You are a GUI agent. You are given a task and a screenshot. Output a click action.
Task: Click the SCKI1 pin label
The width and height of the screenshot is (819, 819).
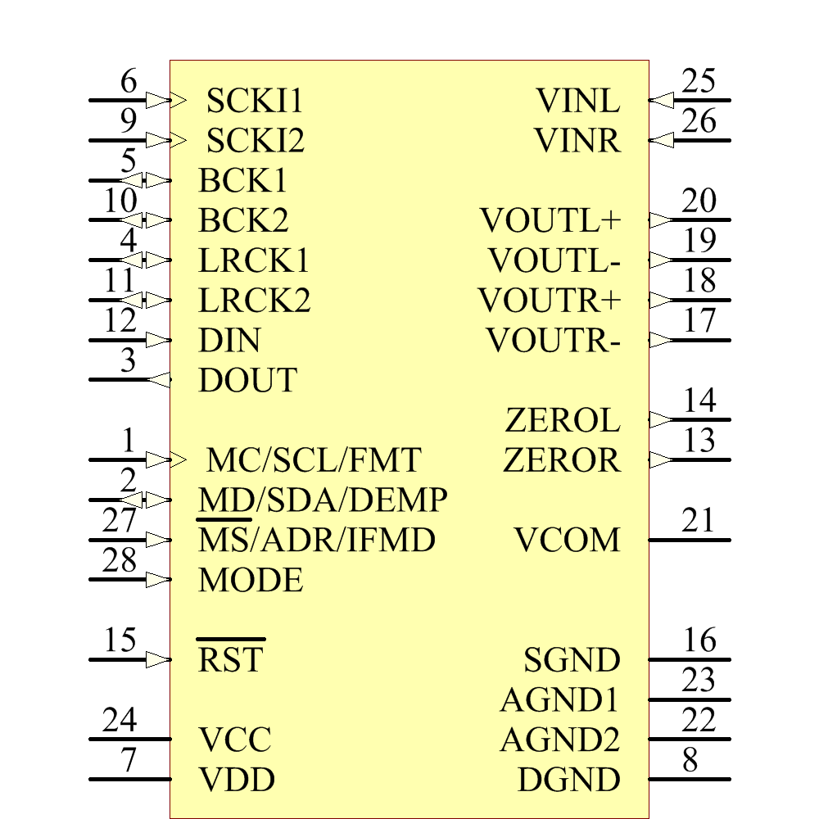[x=255, y=100]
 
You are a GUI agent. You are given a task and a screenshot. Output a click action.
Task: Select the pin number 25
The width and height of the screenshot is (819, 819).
[x=699, y=81]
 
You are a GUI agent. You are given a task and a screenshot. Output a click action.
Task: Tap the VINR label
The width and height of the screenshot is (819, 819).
[x=577, y=141]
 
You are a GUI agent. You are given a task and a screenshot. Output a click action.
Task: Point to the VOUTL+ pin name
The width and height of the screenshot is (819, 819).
[x=550, y=219]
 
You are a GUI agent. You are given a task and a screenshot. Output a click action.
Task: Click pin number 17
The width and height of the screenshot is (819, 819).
[x=699, y=320]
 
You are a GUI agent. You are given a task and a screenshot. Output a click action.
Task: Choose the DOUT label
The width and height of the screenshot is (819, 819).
[x=248, y=380]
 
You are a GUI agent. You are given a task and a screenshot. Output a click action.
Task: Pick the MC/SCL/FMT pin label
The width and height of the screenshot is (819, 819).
[x=314, y=460]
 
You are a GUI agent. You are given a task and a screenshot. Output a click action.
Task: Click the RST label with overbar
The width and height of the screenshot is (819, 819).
[x=231, y=656]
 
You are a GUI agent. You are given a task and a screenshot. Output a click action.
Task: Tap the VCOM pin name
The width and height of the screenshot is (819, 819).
[x=568, y=540]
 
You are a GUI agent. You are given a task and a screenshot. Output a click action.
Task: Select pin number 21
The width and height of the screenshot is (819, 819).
[x=699, y=520]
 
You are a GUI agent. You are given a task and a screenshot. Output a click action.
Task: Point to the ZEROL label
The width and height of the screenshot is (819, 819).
[x=563, y=420]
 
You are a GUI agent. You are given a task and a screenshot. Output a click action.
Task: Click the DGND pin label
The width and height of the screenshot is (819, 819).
[x=569, y=780]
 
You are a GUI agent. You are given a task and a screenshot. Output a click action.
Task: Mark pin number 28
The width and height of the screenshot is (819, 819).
[x=120, y=560]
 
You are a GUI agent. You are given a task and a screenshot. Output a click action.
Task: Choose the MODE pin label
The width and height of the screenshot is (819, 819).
[x=251, y=580]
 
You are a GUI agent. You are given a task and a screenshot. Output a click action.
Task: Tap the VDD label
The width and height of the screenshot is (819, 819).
[x=237, y=780]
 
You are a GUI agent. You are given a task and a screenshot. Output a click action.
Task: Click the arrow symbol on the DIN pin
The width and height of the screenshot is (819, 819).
[x=158, y=340]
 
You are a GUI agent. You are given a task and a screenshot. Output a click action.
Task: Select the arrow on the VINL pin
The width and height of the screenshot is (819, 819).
[x=661, y=100]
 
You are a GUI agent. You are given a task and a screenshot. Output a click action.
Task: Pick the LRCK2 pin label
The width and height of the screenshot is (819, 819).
[x=255, y=301]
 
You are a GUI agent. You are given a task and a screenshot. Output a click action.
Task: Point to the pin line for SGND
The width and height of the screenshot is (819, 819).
[x=690, y=659]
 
